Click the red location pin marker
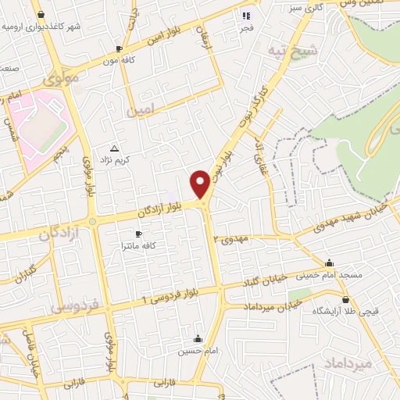(x=200, y=184)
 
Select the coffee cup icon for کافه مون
(x=119, y=48)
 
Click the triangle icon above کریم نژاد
(x=116, y=148)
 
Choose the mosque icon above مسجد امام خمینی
(x=330, y=263)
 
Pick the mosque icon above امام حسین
(x=198, y=339)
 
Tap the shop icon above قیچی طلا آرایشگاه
(x=345, y=299)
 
